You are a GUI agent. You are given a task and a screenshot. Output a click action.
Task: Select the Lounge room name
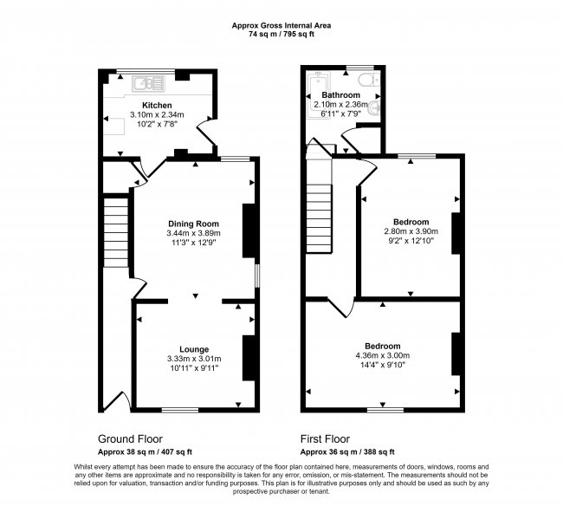tap(194, 349)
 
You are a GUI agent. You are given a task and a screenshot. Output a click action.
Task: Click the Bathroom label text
tap(340, 95)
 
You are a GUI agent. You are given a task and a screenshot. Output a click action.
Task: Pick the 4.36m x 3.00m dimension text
tap(382, 355)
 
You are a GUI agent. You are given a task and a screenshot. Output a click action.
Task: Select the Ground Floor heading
tap(131, 439)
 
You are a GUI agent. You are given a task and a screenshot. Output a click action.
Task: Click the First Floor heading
tap(327, 439)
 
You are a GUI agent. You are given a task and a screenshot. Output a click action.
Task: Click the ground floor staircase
tap(116, 234)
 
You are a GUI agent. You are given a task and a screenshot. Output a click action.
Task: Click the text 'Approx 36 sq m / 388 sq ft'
tap(347, 451)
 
